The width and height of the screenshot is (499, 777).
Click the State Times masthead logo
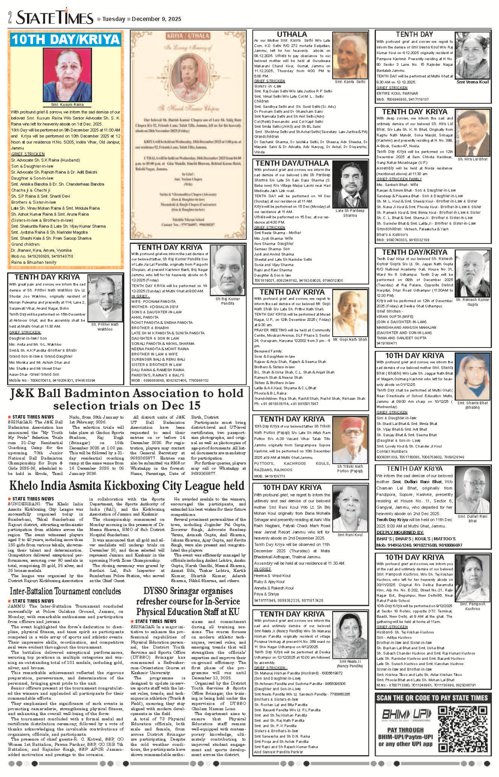(54, 18)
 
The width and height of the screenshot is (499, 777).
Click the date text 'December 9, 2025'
(157, 19)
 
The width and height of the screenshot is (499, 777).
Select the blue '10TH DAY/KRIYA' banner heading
(66, 40)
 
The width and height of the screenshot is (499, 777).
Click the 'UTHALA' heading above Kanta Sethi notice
(292, 35)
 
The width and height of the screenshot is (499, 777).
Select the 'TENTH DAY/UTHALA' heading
(292, 163)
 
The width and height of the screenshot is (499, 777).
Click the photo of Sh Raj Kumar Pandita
(227, 271)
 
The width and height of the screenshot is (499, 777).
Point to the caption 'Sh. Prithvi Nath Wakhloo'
(105, 327)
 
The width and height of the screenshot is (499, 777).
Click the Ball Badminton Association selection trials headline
(126, 399)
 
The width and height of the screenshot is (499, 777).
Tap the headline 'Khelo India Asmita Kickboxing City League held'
(126, 486)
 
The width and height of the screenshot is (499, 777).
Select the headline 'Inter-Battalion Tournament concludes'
(65, 591)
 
